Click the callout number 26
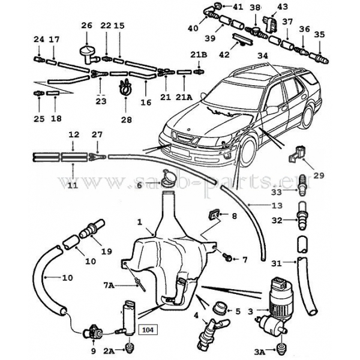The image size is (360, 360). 87,26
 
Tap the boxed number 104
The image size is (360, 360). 147,328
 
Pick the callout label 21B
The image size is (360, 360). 199,55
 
